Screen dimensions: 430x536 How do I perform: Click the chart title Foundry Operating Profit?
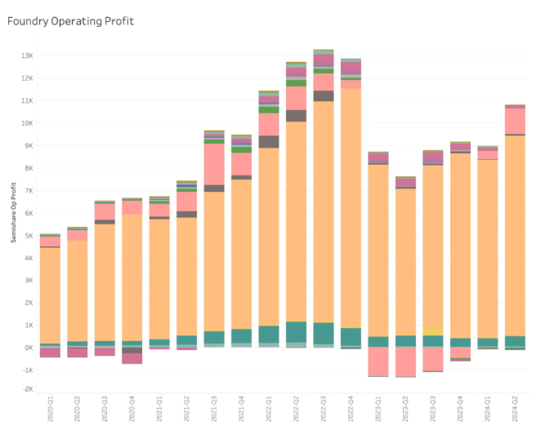click(x=70, y=20)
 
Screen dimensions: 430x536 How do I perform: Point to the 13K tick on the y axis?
click(x=26, y=55)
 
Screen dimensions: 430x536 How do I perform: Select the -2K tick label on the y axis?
click(x=26, y=389)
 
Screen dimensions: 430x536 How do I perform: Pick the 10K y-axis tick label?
click(x=26, y=123)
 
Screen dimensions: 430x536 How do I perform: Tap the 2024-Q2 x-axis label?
click(x=514, y=406)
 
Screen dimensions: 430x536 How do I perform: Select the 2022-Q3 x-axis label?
click(x=323, y=406)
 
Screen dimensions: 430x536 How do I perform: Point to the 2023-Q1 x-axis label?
click(x=377, y=406)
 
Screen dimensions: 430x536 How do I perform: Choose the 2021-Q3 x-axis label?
click(x=214, y=406)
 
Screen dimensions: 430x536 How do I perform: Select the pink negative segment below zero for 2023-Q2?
click(x=405, y=361)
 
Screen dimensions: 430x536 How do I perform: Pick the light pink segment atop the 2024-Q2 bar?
click(x=514, y=121)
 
